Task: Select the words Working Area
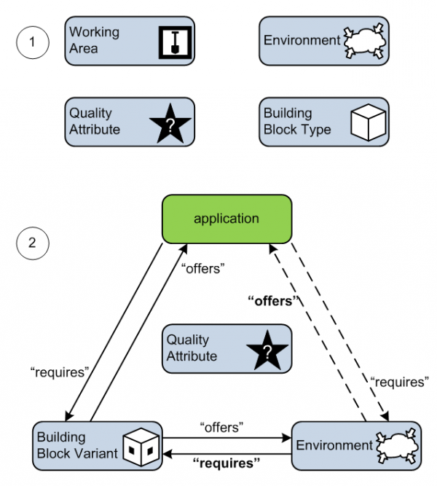tap(94, 41)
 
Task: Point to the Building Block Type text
tap(297, 122)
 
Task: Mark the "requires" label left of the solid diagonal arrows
tap(59, 371)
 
